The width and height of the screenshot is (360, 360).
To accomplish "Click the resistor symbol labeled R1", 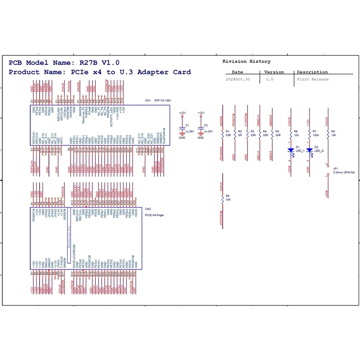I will coord(222,134).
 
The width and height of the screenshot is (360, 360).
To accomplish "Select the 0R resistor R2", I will coord(234,134).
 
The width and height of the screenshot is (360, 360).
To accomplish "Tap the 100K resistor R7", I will coord(309,134).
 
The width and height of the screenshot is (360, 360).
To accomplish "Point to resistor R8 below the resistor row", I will coord(222,198).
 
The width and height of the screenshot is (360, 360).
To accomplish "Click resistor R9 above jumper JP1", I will coord(328,134).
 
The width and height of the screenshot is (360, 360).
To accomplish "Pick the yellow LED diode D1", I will coord(290,149).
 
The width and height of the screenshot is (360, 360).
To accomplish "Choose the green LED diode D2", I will coord(309,149).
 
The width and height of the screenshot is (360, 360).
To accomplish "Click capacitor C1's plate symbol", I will coord(182,128).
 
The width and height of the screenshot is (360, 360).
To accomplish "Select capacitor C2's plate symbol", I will coord(201,128).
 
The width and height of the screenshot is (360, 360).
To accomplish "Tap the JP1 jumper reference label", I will coord(335,168).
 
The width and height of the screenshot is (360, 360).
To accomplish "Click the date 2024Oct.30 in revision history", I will coord(237,79).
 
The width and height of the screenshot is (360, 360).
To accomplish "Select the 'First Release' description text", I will coord(313,79).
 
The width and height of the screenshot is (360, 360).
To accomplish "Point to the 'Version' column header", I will coord(274,72).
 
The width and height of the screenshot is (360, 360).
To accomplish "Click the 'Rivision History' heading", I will coord(247,61).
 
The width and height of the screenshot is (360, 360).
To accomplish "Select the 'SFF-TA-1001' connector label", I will coord(162,100).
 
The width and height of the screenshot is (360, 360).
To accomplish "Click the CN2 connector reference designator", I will coord(148,209).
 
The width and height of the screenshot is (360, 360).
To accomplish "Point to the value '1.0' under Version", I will coord(270,79).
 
